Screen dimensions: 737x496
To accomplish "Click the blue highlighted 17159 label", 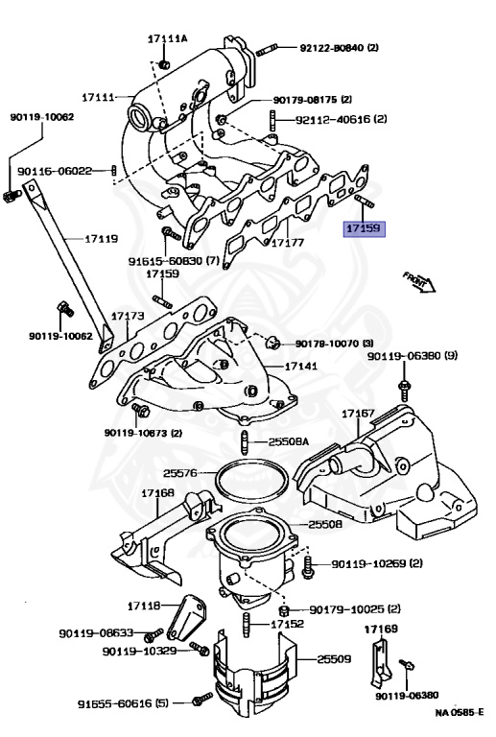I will (364, 230).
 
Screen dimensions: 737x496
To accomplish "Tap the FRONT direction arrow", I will (420, 282).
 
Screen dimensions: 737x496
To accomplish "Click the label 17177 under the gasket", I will (287, 243).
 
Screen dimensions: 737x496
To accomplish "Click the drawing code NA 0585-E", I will (459, 713).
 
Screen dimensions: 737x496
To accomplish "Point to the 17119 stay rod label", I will (101, 238).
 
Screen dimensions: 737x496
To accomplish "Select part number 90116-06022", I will (59, 171).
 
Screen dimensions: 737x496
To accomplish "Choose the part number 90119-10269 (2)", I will (377, 563).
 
